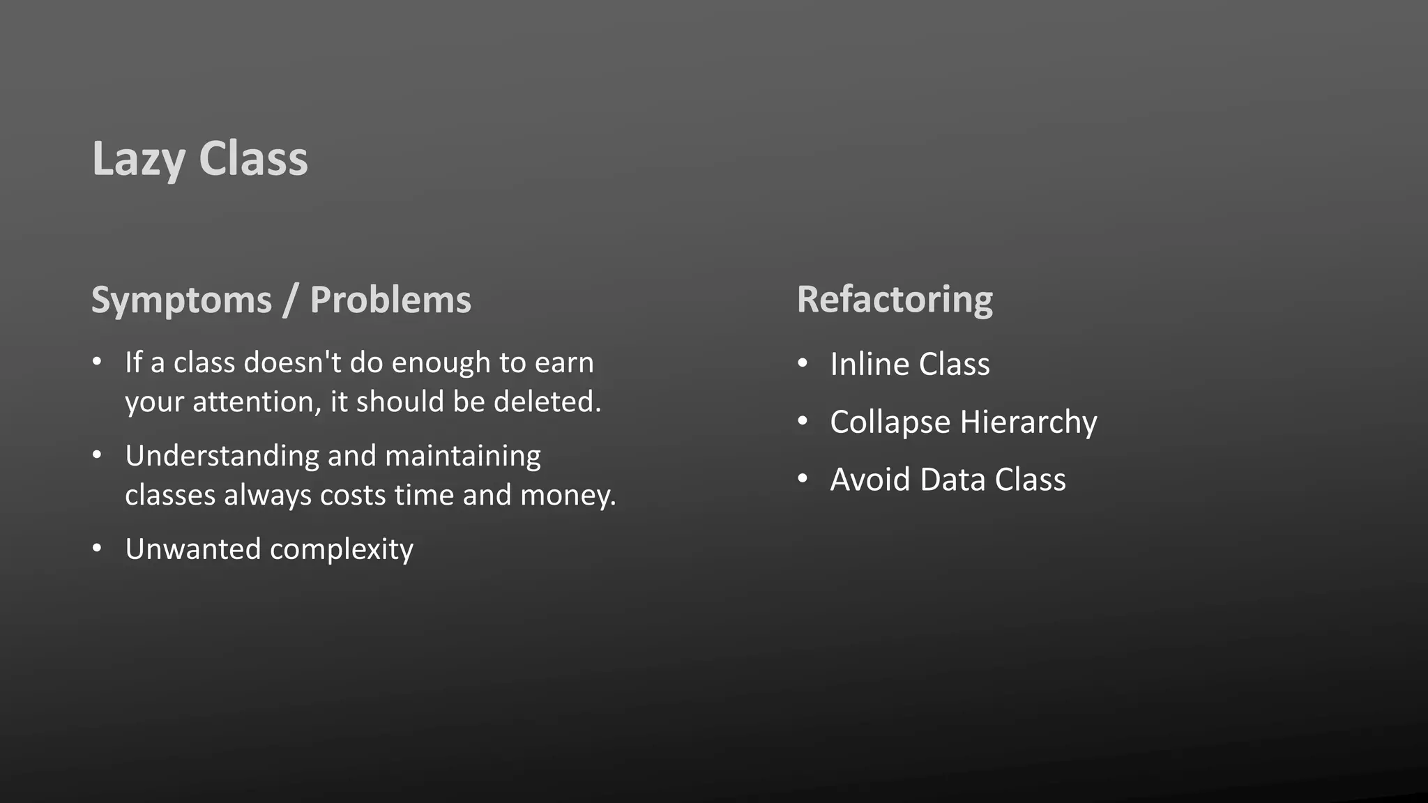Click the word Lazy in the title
138,159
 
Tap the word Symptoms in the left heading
181,300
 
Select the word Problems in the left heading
390,300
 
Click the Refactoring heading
895,300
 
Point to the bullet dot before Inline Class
803,363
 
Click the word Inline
869,364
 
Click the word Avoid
870,480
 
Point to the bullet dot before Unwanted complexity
97,549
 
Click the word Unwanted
192,549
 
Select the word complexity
342,550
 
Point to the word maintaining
462,457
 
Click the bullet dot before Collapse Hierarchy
803,421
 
